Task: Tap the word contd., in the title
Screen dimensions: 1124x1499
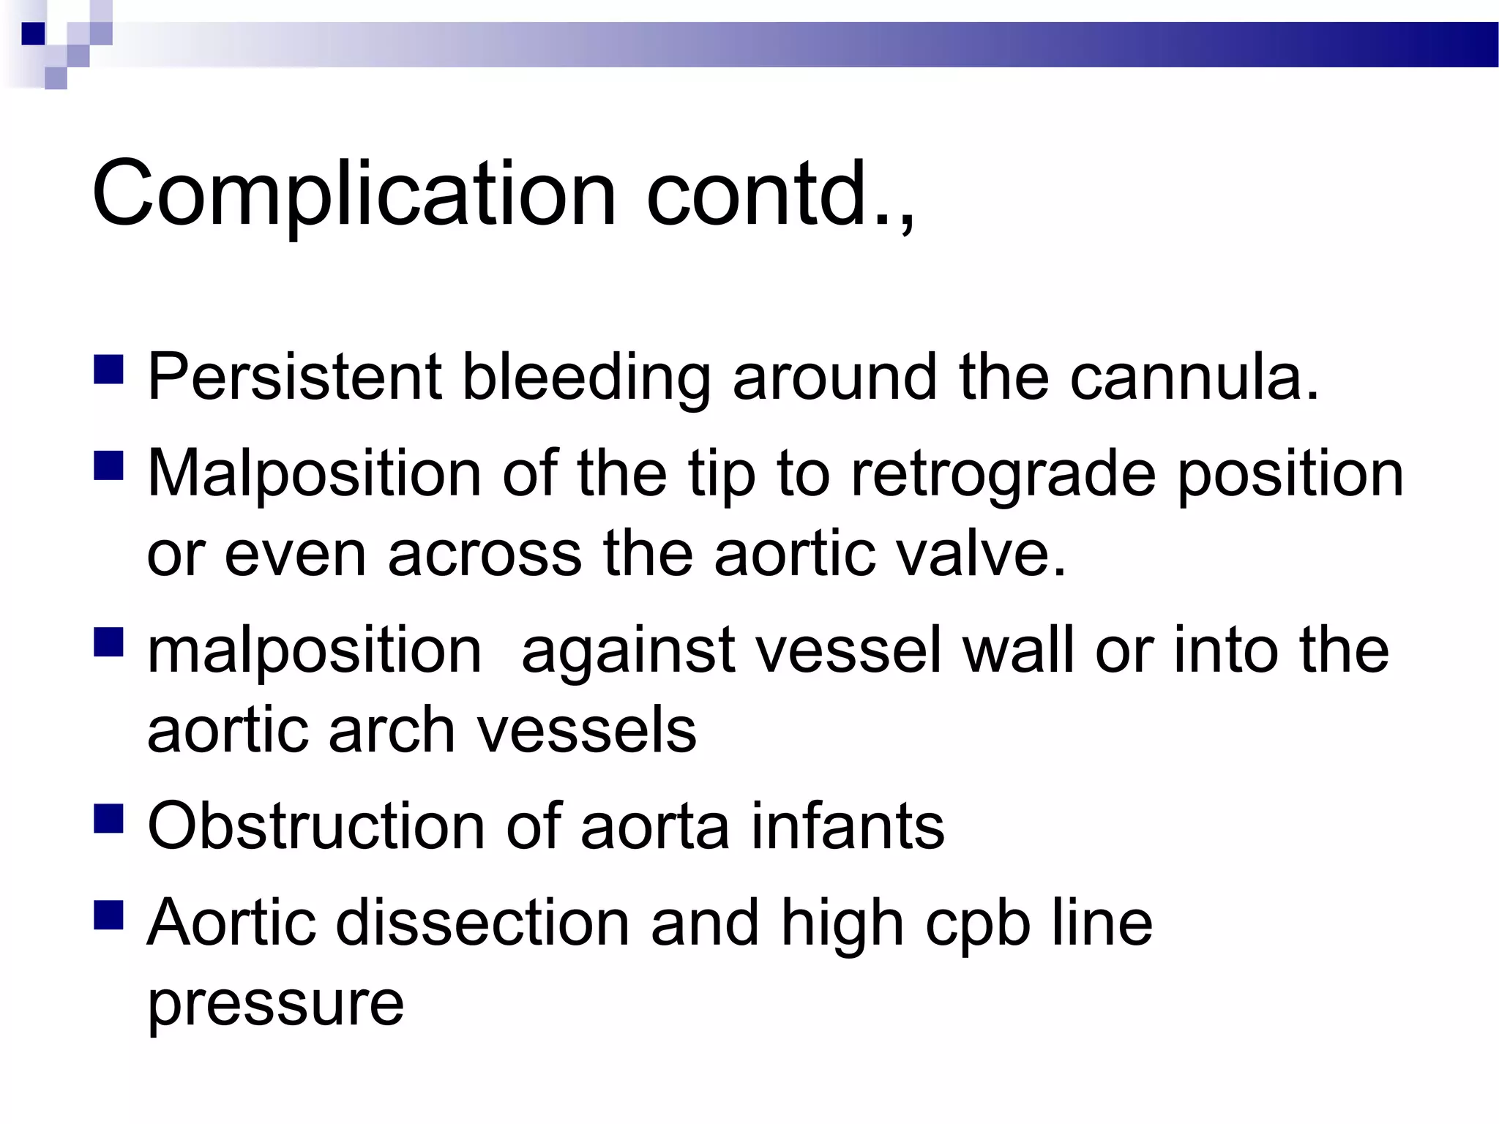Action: pos(780,194)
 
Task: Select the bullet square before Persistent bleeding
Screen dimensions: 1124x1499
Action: pos(108,370)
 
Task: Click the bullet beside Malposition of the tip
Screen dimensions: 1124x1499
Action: pos(108,465)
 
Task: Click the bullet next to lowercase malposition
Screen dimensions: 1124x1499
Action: pos(108,642)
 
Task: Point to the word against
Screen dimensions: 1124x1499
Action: pos(628,651)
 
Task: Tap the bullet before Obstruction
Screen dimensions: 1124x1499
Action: pos(108,818)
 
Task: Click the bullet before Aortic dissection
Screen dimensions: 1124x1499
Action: pos(108,914)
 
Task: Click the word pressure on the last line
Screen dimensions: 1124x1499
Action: pos(275,1004)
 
